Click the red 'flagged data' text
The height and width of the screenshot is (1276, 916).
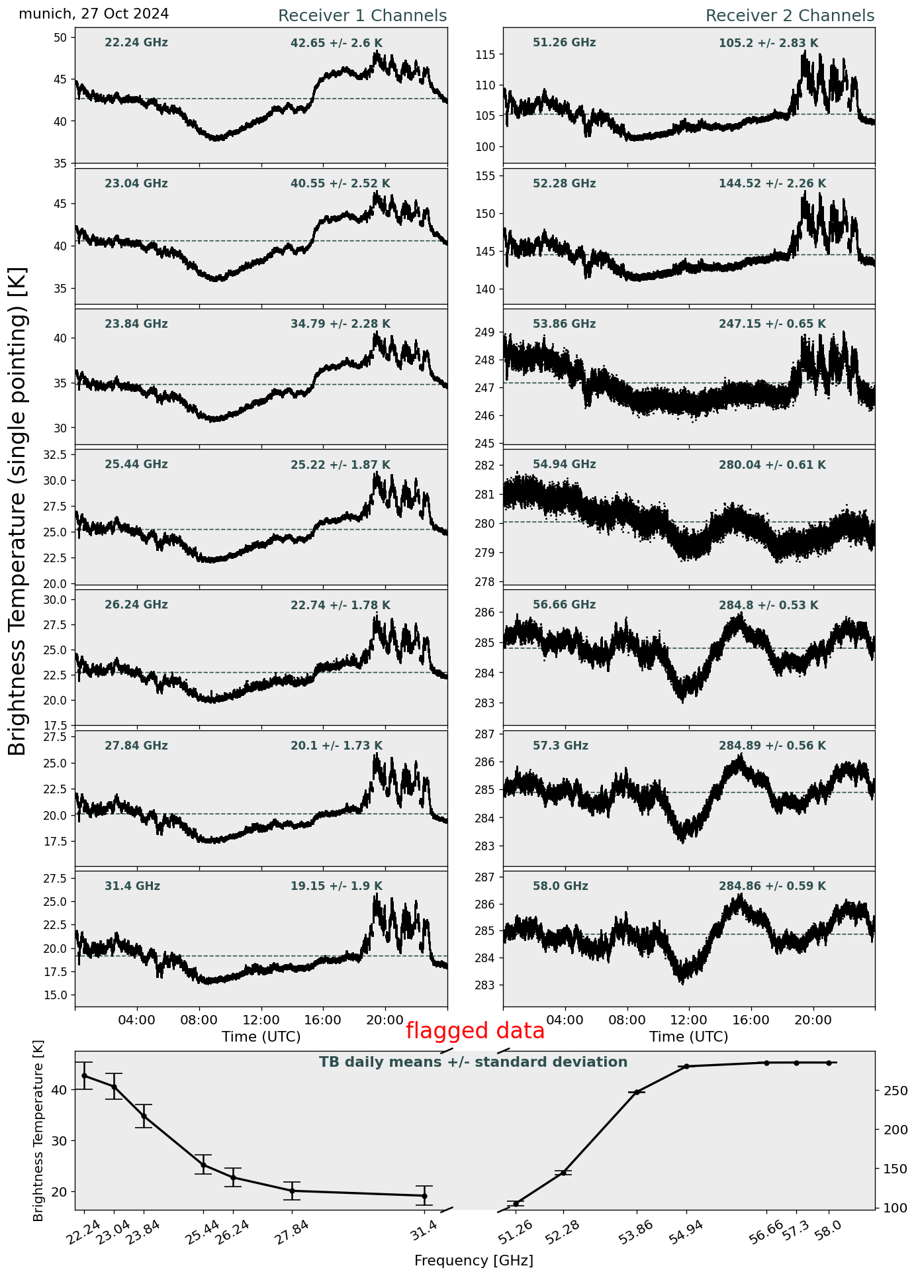475,1031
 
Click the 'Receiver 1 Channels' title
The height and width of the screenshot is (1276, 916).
362,16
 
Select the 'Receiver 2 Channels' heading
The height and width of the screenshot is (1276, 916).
790,16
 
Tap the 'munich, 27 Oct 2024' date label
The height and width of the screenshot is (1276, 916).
94,14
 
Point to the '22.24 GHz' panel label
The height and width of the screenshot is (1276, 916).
136,43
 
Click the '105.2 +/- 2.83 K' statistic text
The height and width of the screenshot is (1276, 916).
768,44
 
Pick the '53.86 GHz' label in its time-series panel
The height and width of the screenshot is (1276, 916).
564,324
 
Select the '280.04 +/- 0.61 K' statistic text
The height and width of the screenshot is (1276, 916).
772,466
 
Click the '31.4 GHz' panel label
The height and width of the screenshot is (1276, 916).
132,886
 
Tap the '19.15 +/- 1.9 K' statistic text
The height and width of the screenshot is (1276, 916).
336,887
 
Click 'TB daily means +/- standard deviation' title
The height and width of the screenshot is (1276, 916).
473,1062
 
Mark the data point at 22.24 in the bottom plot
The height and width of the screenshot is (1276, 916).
84,1075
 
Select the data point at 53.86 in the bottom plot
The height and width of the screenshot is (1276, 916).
637,1092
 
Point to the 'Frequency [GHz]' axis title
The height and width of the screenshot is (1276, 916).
473,1261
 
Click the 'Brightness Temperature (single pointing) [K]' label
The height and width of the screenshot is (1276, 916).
18,511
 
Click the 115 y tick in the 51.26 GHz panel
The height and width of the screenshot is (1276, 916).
486,54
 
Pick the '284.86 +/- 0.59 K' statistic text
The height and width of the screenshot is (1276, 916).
772,887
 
